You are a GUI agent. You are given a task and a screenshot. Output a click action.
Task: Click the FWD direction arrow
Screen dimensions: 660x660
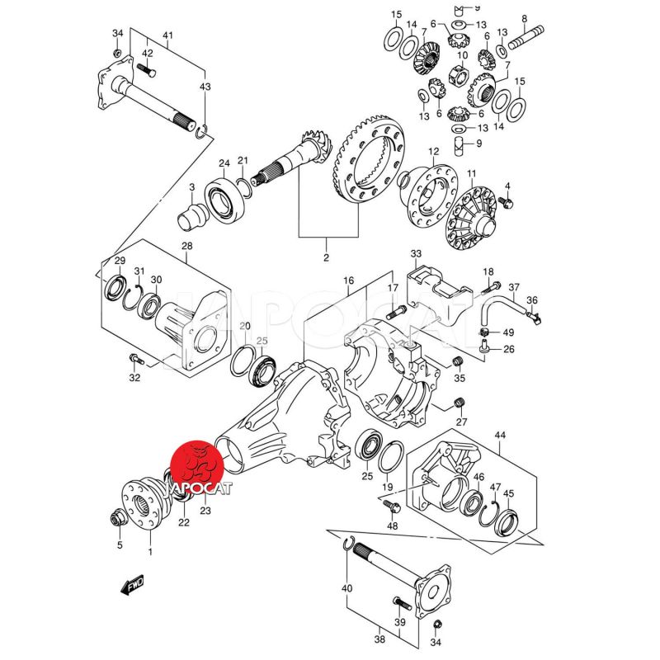pos(132,587)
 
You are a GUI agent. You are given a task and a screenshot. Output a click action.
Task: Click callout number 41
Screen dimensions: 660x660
pos(167,35)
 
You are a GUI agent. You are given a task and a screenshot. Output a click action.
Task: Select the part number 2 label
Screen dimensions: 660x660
pos(326,258)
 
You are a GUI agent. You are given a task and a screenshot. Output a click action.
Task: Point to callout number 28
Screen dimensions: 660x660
pos(186,247)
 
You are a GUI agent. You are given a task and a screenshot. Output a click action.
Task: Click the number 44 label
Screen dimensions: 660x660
pos(500,435)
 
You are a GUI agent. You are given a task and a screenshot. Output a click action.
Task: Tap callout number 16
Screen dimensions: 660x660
pos(349,281)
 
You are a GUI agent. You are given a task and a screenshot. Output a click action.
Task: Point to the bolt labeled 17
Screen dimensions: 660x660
pos(394,311)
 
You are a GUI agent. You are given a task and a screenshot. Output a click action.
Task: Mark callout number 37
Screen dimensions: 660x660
pos(513,288)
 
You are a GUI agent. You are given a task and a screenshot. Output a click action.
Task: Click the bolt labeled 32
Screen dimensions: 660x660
pos(135,360)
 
